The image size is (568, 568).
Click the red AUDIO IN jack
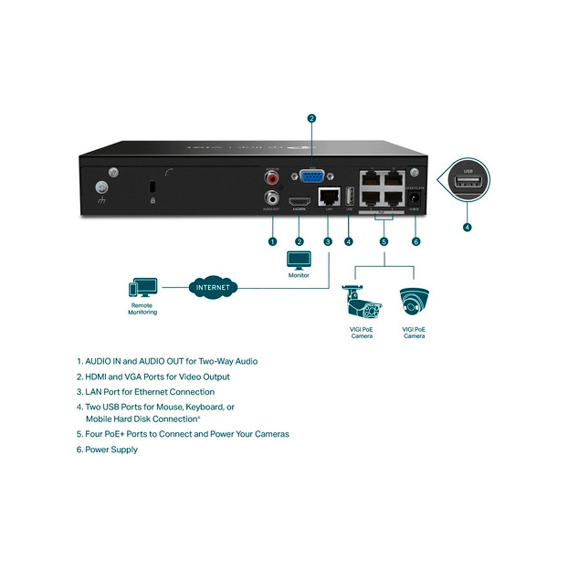[272, 179]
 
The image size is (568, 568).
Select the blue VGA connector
[312, 177]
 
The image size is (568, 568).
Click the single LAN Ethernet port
[329, 197]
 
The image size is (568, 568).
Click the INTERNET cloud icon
[213, 287]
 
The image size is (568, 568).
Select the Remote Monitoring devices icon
[143, 288]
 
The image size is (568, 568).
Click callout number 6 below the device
[416, 241]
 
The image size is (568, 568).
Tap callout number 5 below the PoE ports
[384, 241]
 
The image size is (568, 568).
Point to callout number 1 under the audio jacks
[272, 241]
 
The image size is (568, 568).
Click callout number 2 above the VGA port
[312, 118]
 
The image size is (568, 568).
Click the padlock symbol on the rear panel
[153, 200]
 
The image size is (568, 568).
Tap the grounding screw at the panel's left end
[101, 188]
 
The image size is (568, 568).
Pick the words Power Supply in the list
[111, 450]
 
